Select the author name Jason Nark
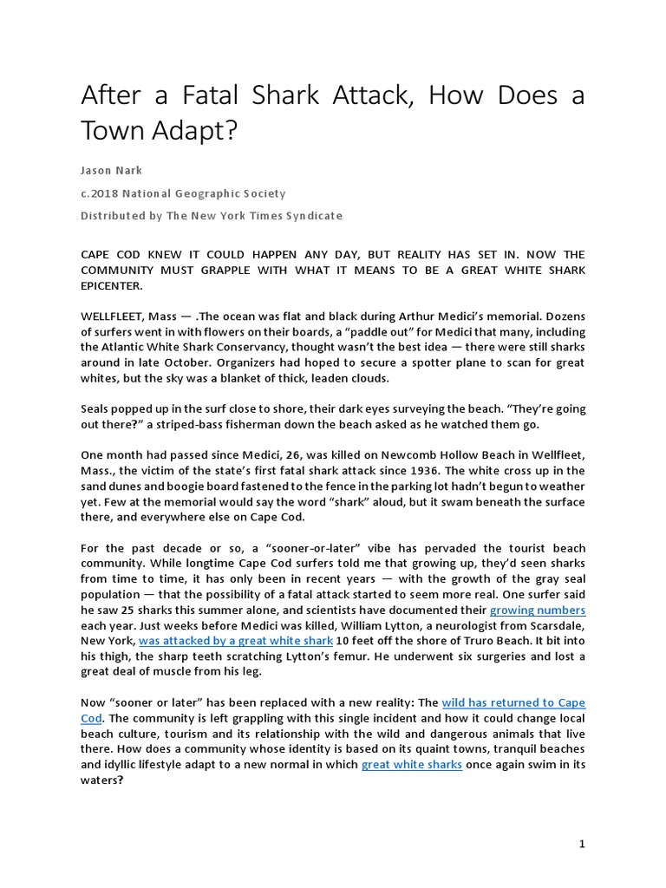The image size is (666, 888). [113, 172]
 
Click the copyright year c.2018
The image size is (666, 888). [100, 193]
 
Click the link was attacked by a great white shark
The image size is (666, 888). [236, 640]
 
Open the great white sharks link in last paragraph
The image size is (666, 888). [411, 765]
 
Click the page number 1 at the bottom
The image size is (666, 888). [583, 844]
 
